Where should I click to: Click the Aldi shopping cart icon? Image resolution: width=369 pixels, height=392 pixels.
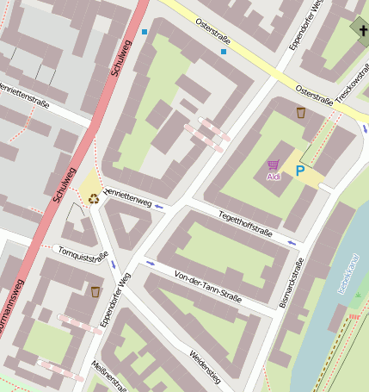(x=273, y=165)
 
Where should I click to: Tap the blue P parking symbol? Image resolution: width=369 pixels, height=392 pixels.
(x=299, y=171)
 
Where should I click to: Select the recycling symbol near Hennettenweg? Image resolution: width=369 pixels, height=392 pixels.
(x=93, y=198)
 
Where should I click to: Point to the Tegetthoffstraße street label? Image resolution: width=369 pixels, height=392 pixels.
(x=245, y=226)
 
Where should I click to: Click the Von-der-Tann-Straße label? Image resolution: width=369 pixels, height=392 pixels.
(x=207, y=286)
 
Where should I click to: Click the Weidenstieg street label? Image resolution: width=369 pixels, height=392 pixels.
(x=206, y=366)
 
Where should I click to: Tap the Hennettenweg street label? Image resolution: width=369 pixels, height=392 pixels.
(x=127, y=197)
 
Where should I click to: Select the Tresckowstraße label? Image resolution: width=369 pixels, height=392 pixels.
(x=354, y=86)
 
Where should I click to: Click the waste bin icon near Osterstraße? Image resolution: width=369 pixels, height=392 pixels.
(x=301, y=113)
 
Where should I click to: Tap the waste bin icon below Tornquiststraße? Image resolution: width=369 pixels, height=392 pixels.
(x=95, y=291)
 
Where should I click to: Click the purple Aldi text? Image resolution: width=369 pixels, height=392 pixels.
(x=274, y=177)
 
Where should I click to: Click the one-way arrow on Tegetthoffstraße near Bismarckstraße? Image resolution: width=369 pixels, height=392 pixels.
(x=292, y=243)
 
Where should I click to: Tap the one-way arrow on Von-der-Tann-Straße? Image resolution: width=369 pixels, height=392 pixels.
(x=151, y=262)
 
